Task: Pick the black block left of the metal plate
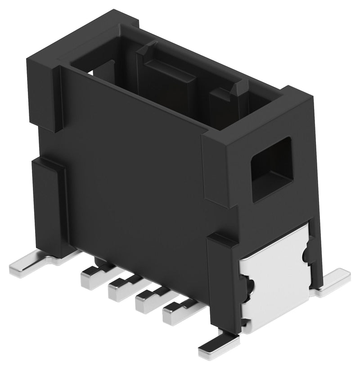point(223,284)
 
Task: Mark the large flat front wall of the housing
point(135,171)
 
